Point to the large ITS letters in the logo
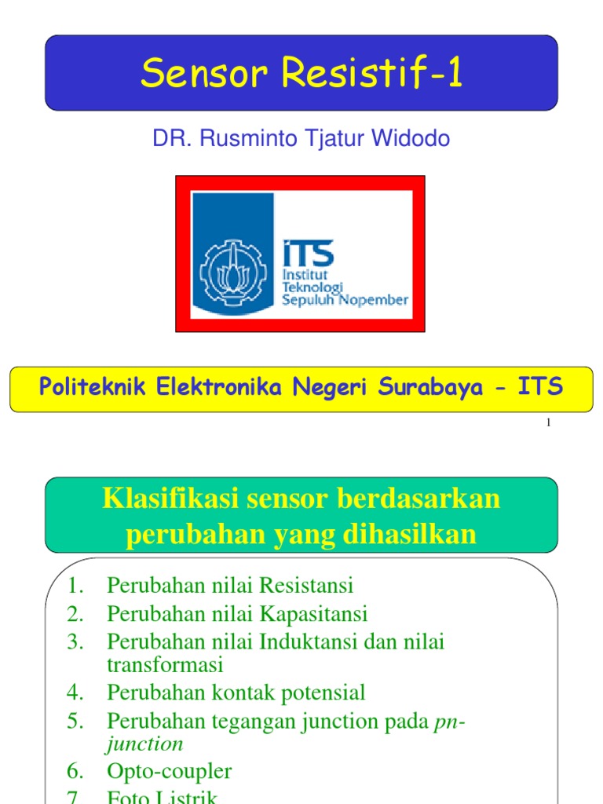[x=308, y=254]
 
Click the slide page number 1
[x=548, y=423]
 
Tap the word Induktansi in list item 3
[x=309, y=641]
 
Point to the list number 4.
[x=75, y=693]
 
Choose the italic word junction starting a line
[x=145, y=743]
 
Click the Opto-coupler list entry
[x=170, y=771]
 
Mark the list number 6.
[x=75, y=771]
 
